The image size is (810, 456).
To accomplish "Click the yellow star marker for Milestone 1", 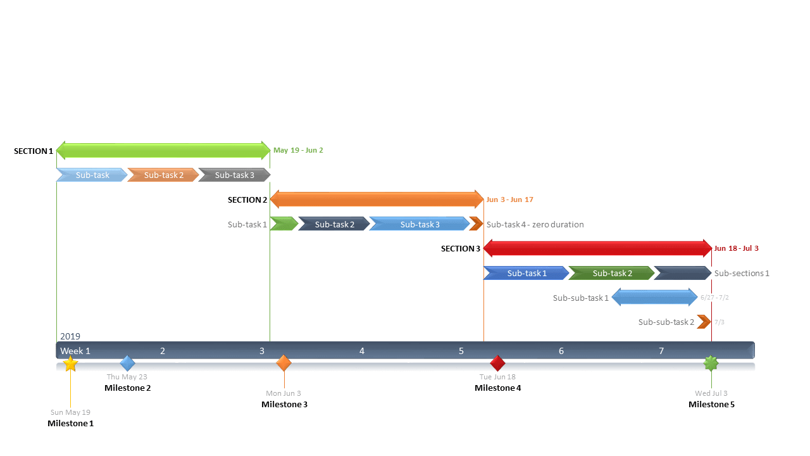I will tap(70, 364).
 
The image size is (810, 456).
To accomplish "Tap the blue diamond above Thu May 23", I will tap(128, 363).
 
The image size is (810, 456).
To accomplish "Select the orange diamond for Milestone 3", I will tap(284, 363).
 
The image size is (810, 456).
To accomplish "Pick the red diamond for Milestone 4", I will tap(498, 363).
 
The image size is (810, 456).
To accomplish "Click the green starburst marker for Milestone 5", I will tap(711, 363).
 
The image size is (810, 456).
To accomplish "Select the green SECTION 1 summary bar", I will tap(163, 151).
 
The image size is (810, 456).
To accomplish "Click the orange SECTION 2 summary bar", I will tap(377, 199).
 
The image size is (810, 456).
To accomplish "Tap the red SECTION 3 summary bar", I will tap(597, 248).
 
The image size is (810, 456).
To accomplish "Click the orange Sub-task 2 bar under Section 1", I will tap(163, 175).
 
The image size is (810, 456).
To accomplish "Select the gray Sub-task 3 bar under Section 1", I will tap(234, 175).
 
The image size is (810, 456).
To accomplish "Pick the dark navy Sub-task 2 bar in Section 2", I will tap(334, 224).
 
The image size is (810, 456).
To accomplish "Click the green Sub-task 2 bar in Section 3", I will tap(611, 273).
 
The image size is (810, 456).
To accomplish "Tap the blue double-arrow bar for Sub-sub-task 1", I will tap(654, 298).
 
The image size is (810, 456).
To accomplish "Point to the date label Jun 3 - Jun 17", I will tap(509, 199).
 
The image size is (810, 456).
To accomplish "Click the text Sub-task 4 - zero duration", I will tap(535, 224).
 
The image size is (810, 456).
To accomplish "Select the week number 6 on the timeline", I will tap(561, 351).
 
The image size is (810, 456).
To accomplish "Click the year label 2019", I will tap(70, 336).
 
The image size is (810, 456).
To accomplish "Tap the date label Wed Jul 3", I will tap(711, 393).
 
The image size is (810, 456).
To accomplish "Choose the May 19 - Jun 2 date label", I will tap(298, 151).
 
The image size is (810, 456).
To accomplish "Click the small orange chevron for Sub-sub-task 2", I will tap(704, 322).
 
